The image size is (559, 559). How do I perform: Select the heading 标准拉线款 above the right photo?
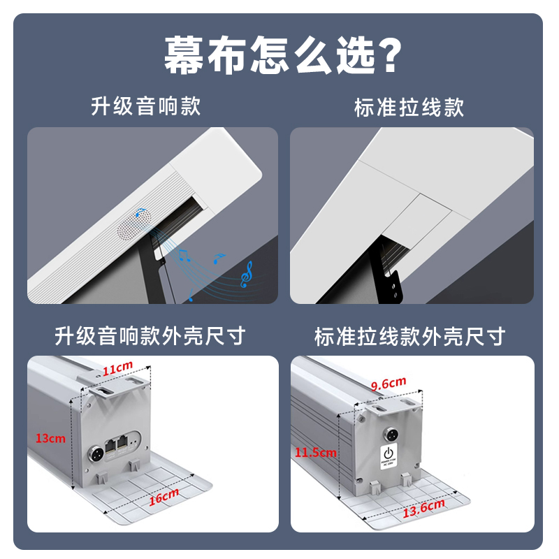click(409, 107)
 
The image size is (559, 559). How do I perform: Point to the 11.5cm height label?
click(315, 452)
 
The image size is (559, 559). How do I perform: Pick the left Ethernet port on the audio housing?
click(112, 443)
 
